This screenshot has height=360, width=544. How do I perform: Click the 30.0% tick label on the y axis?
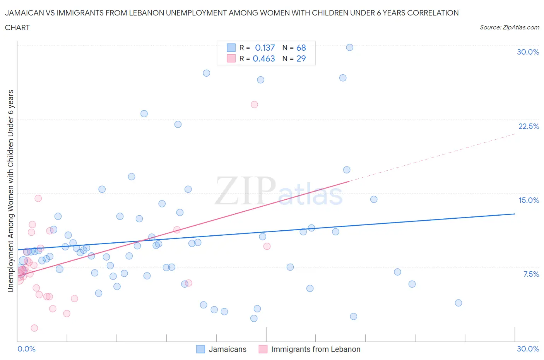point(528,52)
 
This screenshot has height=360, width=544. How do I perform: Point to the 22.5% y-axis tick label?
point(529,126)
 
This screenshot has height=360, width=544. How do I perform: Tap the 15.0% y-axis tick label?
point(529,200)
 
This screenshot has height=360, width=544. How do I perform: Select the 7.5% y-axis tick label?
point(531,274)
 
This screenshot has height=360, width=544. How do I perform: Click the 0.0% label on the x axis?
point(26,349)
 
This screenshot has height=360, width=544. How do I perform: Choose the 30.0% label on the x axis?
point(528,349)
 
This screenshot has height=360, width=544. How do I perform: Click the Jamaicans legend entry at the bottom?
point(227,349)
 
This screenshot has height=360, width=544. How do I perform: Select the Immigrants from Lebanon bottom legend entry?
point(315,349)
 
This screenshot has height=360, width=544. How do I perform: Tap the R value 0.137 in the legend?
point(265,48)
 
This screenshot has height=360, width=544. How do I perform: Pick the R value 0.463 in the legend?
point(264,58)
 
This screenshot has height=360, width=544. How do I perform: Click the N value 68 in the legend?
point(301,48)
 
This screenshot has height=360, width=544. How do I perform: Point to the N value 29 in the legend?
point(301,58)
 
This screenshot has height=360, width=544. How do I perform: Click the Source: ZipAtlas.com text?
point(509,27)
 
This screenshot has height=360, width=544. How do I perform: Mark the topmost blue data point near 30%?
point(349,47)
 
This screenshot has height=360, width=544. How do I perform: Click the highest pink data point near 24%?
point(254,104)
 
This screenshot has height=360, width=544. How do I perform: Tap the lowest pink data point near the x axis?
point(34,328)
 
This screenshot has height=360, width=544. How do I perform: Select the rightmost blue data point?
point(458,303)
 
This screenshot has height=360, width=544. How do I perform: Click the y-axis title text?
point(10,191)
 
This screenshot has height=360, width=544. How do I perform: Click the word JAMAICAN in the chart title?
point(23,13)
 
